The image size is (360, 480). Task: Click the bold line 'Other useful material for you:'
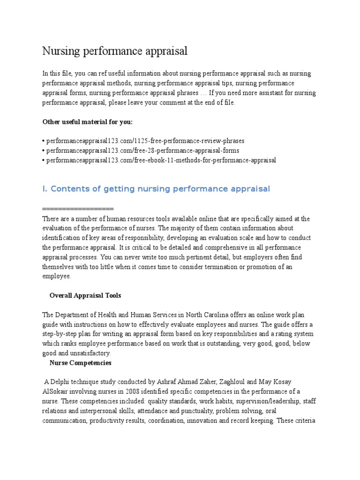tap(88, 122)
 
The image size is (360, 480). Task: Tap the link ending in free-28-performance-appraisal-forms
tap(142, 150)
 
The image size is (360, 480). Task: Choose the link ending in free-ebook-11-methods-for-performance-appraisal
tap(160, 160)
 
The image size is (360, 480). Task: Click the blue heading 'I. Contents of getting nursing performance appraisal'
tap(156, 189)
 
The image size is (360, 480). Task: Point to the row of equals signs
tap(78, 208)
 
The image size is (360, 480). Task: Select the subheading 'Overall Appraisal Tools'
tap(85, 295)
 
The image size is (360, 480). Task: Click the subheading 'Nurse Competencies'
tap(80, 363)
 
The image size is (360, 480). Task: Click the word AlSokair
tap(58, 391)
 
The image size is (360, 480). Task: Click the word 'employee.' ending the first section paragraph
tap(57, 277)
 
